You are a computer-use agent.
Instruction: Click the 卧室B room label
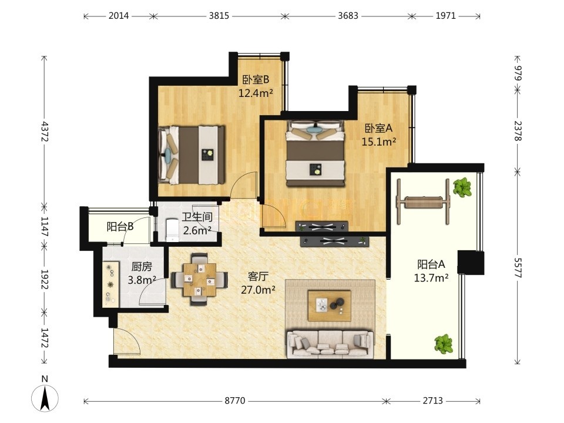pos(256,79)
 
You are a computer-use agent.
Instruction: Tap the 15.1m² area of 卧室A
pos(379,142)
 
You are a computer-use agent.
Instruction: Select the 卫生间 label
pos(197,217)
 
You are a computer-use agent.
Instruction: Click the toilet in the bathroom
pos(172,230)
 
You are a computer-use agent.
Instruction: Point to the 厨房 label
pos(142,267)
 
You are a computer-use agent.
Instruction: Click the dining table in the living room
pos(199,280)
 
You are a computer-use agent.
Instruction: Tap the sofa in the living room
pos(330,345)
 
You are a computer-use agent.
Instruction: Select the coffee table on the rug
pos(330,305)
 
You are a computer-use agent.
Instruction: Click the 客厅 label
pos(258,276)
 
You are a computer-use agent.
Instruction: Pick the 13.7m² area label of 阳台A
pos(431,278)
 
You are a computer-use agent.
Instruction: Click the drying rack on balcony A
pos(424,202)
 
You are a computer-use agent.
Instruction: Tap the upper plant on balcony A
pos(462,187)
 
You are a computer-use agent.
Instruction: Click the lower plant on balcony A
pos(444,344)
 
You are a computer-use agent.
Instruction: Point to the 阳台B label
pos(120,227)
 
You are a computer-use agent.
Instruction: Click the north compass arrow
pos(45,398)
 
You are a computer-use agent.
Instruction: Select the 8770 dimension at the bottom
pos(235,401)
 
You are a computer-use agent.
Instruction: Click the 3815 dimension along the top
pos(219,16)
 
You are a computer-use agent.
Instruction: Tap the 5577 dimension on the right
pos(518,268)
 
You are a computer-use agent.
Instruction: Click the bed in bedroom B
pos(192,155)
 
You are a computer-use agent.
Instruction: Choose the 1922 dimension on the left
pos(45,280)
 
